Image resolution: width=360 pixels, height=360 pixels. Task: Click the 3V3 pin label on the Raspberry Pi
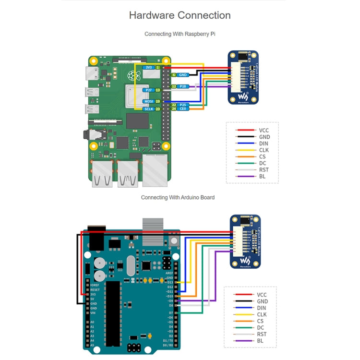tap(149, 68)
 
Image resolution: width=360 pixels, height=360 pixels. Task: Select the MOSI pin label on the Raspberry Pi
tap(148, 101)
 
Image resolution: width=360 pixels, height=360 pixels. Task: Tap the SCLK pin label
tap(149, 109)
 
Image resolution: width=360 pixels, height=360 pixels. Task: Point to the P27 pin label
tap(148, 90)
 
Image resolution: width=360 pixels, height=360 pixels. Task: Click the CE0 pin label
tap(182, 109)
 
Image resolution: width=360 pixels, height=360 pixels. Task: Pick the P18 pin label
tap(182, 86)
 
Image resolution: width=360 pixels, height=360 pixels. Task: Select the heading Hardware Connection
tap(180, 15)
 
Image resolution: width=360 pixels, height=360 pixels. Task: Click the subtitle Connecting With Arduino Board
tap(178, 197)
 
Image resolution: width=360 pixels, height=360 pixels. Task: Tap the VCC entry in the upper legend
tap(264, 130)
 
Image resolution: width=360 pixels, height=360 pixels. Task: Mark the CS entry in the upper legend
tap(262, 156)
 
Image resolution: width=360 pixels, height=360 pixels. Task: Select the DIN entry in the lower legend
tap(262, 308)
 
